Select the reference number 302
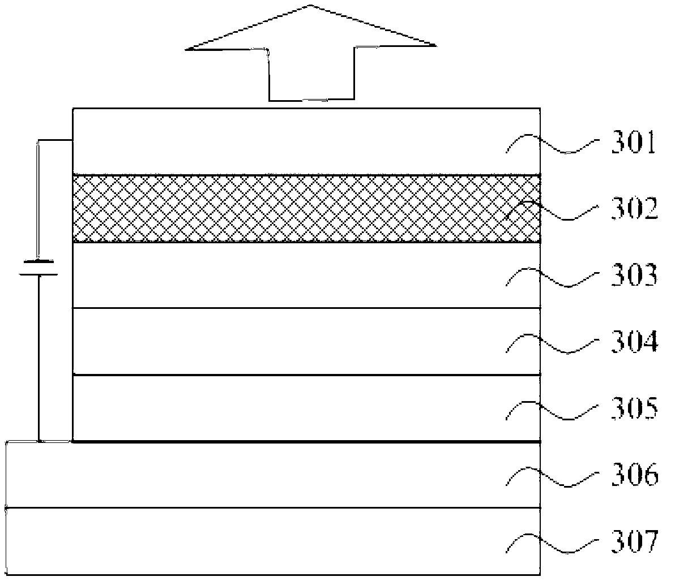coord(634,210)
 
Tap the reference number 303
coord(634,277)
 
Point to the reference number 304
coord(634,342)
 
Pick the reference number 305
coord(634,408)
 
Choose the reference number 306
coord(634,475)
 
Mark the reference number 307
coord(634,541)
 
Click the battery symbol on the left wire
coord(38,268)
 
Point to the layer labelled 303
coord(283,276)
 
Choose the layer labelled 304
coord(283,341)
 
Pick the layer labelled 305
coord(283,408)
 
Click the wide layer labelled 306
coord(255,475)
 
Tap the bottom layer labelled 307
coord(255,541)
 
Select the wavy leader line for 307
coord(552,542)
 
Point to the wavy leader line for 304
coord(552,343)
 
